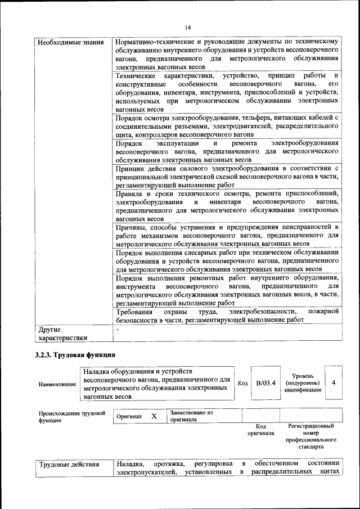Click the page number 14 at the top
(x=188, y=27)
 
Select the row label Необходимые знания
(x=62, y=42)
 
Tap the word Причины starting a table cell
(x=129, y=227)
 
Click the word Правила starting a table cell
(x=130, y=193)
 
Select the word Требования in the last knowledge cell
(x=134, y=312)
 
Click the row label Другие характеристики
(x=62, y=333)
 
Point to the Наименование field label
(x=57, y=384)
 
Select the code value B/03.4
(x=265, y=384)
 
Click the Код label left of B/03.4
(x=242, y=384)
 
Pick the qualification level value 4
(x=334, y=383)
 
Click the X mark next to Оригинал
(x=154, y=416)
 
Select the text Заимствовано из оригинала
(x=191, y=416)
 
